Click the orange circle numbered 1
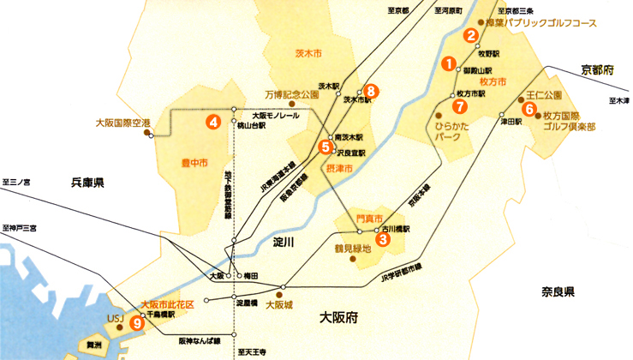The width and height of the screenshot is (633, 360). coord(446,63)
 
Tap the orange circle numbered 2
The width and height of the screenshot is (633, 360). coord(470,35)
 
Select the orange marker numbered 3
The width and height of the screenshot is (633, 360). coord(383,240)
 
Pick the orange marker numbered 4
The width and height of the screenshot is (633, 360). coord(213,122)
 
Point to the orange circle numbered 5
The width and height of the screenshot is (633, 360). coord(325,147)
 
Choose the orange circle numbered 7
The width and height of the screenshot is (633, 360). coord(459,107)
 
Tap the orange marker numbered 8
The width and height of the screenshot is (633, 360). coord(370,90)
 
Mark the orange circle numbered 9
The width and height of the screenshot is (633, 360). coord(136,323)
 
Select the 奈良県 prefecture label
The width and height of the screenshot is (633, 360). coord(556,291)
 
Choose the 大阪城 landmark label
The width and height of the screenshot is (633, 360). coord(279,304)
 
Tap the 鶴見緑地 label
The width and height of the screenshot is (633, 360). coord(352,249)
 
